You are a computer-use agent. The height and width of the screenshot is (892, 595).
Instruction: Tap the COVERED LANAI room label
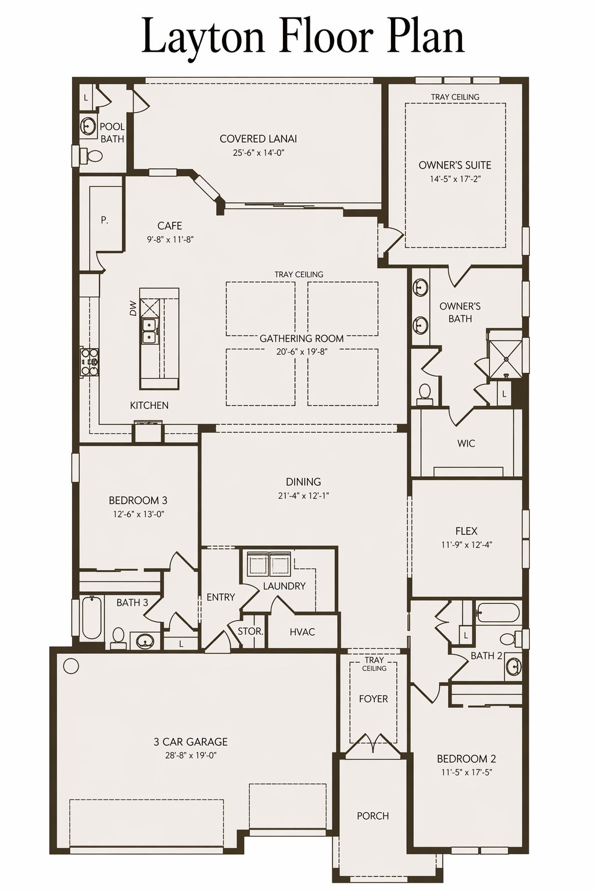pyautogui.click(x=258, y=139)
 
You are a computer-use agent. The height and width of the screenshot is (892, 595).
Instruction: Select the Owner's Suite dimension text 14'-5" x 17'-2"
pyautogui.click(x=455, y=179)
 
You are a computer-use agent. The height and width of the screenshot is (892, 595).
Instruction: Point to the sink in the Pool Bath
pyautogui.click(x=88, y=126)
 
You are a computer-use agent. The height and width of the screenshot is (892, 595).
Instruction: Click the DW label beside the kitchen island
pyautogui.click(x=133, y=308)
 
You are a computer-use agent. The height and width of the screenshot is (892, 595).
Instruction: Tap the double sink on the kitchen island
pyautogui.click(x=149, y=330)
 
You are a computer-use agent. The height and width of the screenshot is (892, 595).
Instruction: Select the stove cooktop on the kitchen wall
pyautogui.click(x=89, y=362)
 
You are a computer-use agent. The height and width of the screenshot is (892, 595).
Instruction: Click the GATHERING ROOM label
pyautogui.click(x=302, y=339)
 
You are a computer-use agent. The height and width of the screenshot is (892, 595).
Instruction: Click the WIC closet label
pyautogui.click(x=466, y=443)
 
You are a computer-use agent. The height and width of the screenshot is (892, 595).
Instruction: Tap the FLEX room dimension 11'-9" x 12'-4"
pyautogui.click(x=467, y=545)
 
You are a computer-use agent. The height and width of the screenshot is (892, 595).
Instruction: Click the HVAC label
pyautogui.click(x=303, y=632)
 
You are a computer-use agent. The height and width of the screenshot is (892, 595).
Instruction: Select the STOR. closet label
pyautogui.click(x=250, y=631)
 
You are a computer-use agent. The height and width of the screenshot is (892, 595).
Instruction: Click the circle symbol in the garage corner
pyautogui.click(x=71, y=666)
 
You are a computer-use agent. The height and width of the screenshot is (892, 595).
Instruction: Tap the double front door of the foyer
pyautogui.click(x=372, y=744)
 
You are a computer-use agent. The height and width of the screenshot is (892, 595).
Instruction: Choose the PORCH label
pyautogui.click(x=373, y=816)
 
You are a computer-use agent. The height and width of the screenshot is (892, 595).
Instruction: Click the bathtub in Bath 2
pyautogui.click(x=498, y=612)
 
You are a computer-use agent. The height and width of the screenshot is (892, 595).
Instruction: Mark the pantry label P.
pyautogui.click(x=105, y=220)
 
